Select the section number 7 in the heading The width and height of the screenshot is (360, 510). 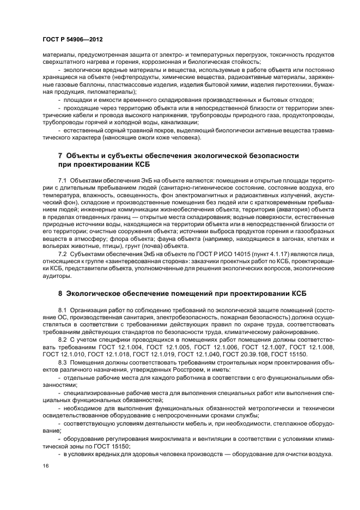60,156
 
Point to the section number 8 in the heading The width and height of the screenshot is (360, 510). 60,293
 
